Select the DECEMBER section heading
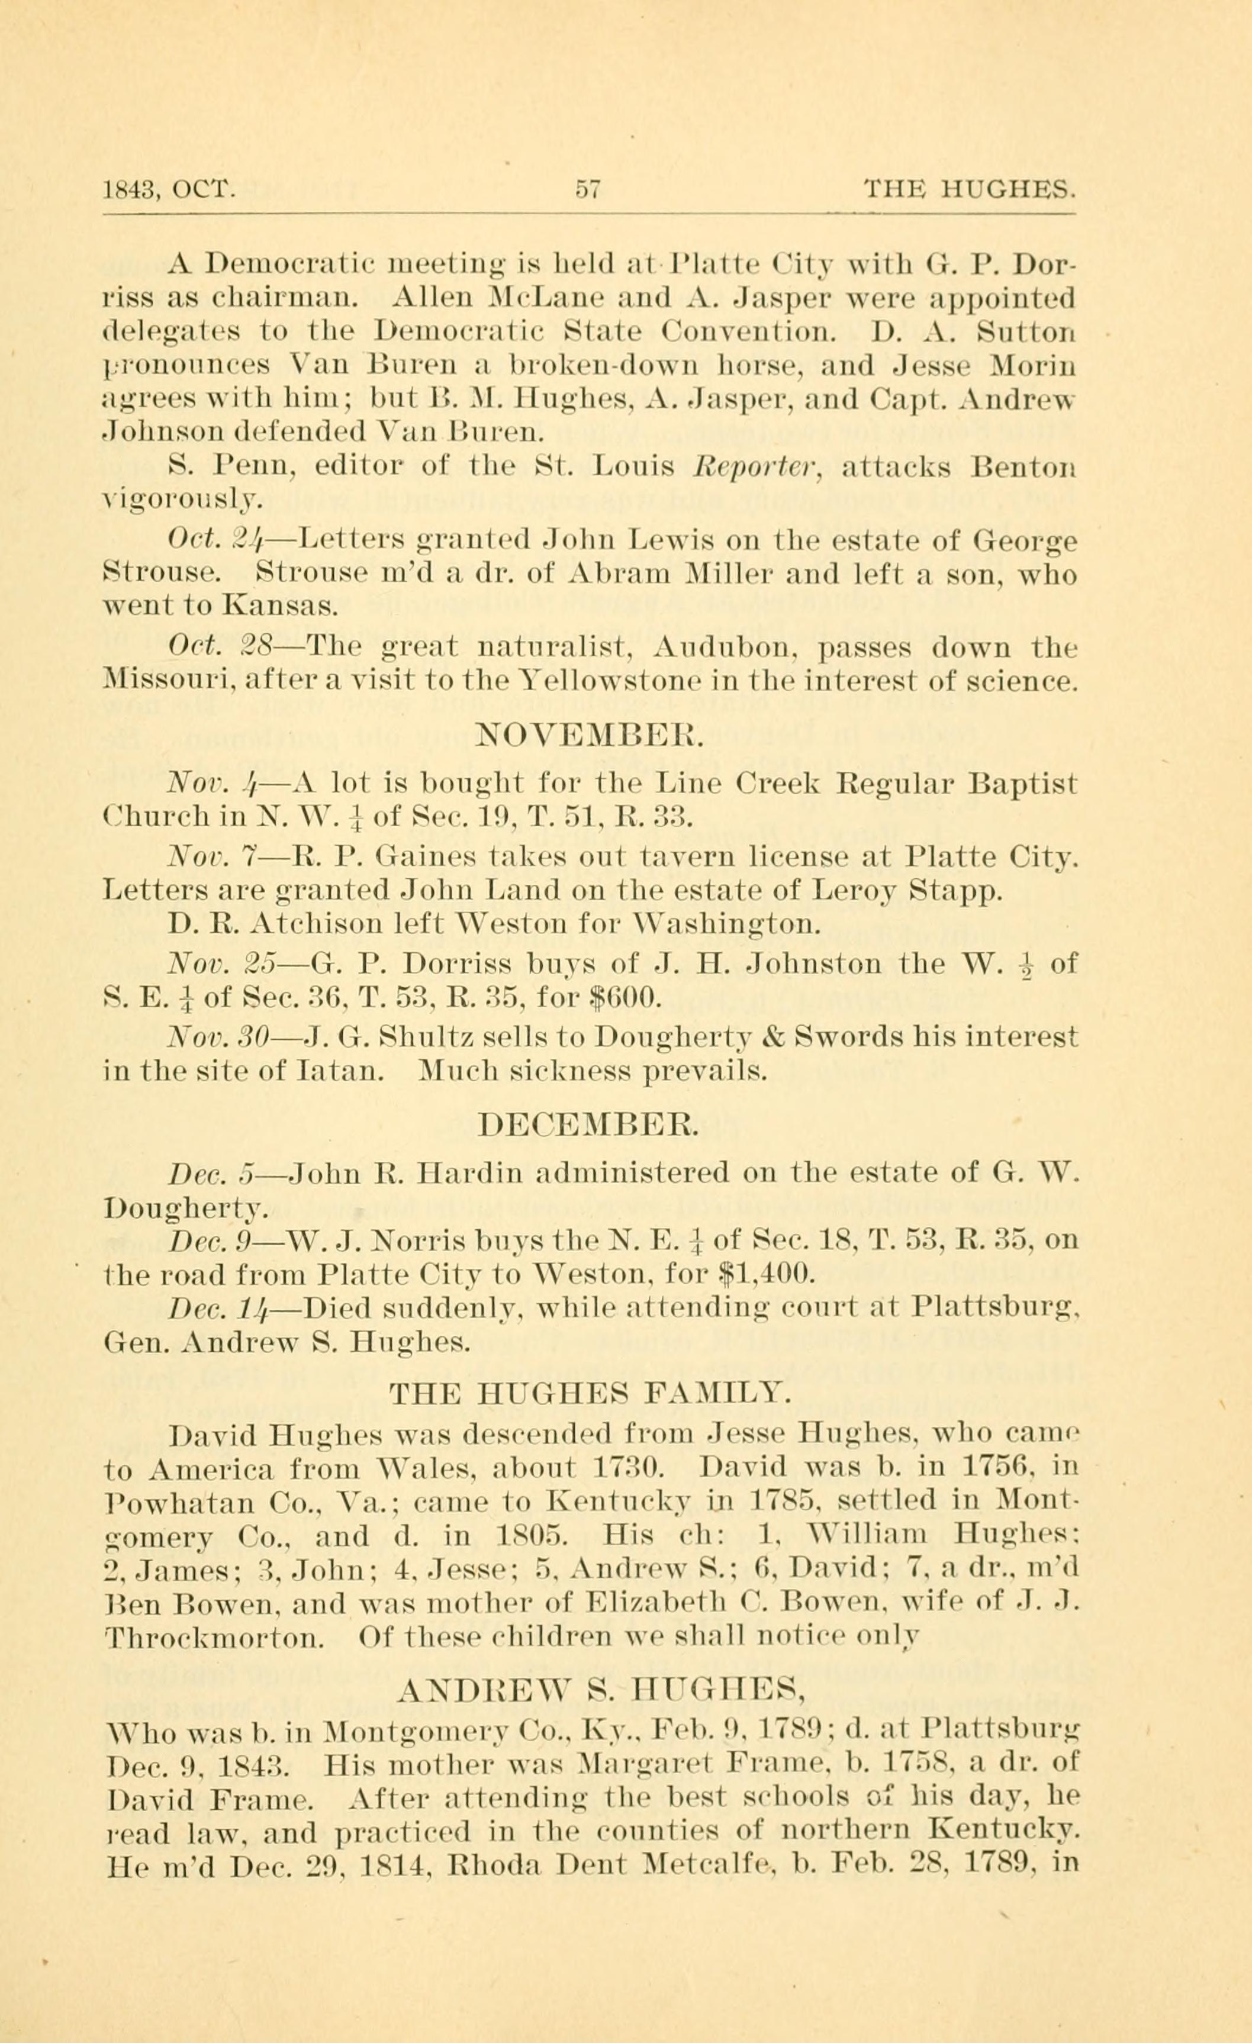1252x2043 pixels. [x=590, y=1125]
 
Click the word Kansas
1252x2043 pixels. [x=280, y=608]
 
